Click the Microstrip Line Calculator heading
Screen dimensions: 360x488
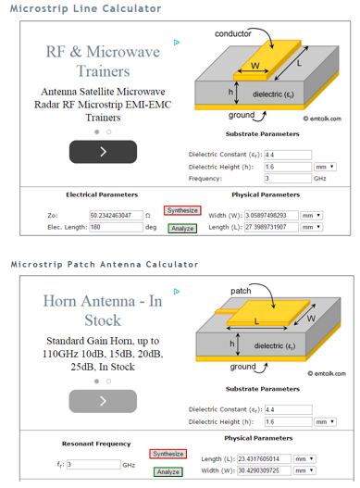click(86, 8)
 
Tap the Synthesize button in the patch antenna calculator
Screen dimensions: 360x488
click(168, 454)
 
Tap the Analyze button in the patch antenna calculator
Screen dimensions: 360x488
click(168, 471)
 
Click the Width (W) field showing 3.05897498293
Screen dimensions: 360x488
click(264, 215)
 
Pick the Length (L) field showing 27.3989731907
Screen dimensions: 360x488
click(264, 227)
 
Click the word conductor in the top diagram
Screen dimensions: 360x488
click(233, 34)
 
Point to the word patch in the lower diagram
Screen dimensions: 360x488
click(241, 291)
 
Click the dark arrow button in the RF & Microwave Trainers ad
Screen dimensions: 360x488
click(103, 151)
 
